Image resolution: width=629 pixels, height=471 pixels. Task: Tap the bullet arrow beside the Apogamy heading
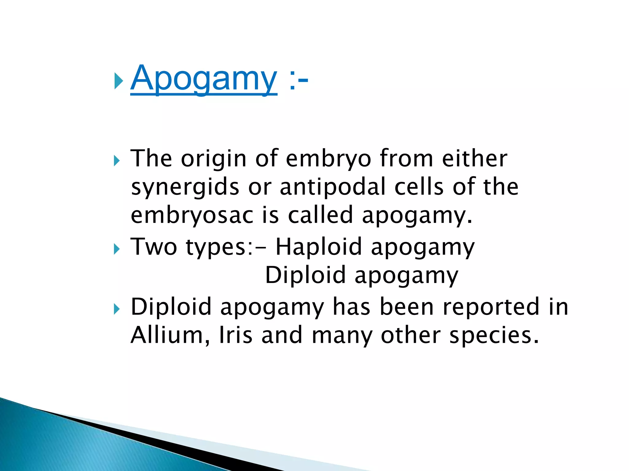(x=118, y=81)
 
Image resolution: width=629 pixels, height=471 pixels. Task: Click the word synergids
(x=185, y=187)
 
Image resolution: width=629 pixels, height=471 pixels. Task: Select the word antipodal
(x=333, y=187)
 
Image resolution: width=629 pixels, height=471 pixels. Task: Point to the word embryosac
(x=192, y=216)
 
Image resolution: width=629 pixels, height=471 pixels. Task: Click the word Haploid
(x=318, y=247)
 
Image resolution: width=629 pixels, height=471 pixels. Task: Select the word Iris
(x=236, y=335)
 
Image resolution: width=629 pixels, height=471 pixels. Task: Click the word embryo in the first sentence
(x=328, y=159)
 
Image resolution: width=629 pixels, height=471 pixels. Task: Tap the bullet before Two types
(x=117, y=249)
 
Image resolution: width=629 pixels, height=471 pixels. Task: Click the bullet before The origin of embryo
(x=117, y=160)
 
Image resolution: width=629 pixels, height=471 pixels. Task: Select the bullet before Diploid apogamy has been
(x=117, y=309)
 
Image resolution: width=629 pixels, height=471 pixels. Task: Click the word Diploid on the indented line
(x=305, y=275)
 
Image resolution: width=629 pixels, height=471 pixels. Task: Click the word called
(x=320, y=215)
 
